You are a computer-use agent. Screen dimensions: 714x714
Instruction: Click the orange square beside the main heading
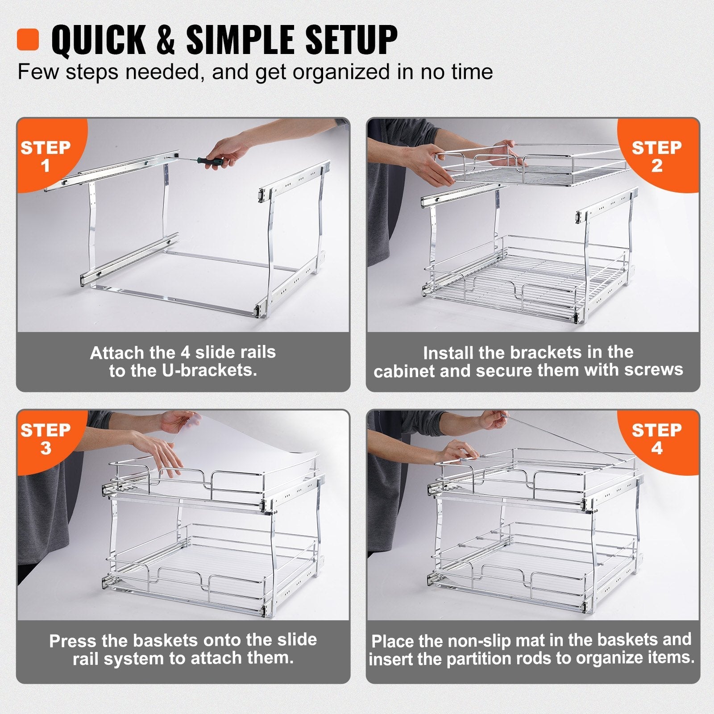tap(28, 40)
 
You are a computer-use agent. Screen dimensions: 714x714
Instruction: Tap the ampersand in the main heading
tap(166, 40)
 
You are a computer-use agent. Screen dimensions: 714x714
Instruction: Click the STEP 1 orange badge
tap(46, 156)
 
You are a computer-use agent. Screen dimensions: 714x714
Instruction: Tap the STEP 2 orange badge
tap(656, 156)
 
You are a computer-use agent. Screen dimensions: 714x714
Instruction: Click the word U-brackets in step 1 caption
tap(210, 371)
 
